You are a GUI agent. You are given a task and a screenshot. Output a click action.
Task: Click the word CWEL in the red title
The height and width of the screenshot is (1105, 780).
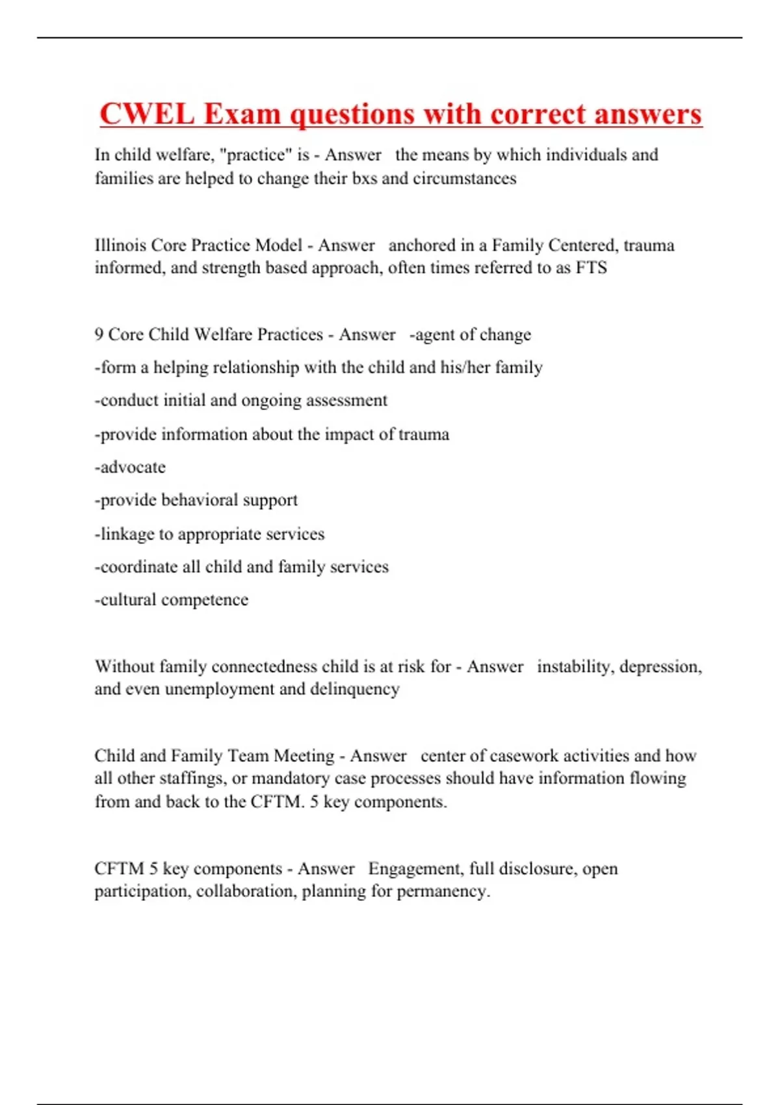(147, 114)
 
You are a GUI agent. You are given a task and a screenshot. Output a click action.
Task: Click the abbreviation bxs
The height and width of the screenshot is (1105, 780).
(364, 178)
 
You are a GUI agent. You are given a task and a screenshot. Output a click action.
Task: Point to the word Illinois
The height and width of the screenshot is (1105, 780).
(120, 245)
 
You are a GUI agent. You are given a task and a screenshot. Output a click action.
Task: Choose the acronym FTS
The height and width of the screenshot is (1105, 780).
(591, 268)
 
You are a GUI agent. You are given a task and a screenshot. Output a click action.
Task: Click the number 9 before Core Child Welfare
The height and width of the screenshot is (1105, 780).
(99, 334)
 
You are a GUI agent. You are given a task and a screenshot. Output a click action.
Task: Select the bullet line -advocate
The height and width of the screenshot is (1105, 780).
(130, 467)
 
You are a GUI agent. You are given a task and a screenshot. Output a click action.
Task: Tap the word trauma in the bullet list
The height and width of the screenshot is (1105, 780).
(423, 434)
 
